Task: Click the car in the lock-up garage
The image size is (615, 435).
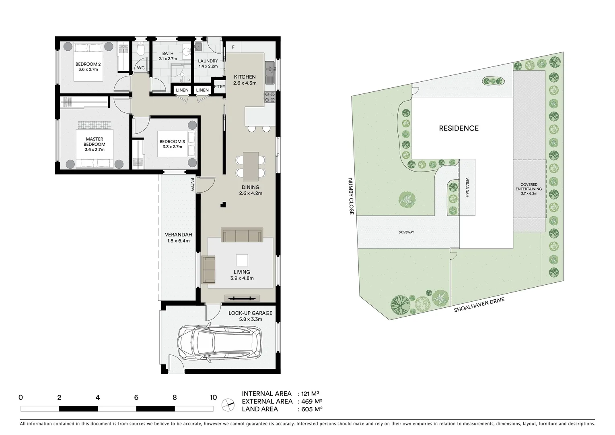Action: pyautogui.click(x=219, y=342)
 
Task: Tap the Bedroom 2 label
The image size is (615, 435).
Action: pyautogui.click(x=88, y=66)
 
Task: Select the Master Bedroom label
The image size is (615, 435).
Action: pyautogui.click(x=95, y=144)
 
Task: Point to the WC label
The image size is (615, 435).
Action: pyautogui.click(x=141, y=68)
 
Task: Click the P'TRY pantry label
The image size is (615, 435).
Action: pyautogui.click(x=220, y=87)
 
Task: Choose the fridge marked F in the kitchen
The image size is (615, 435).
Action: pyautogui.click(x=233, y=47)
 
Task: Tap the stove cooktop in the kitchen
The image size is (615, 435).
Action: pyautogui.click(x=269, y=97)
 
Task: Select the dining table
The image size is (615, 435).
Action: pyautogui.click(x=251, y=166)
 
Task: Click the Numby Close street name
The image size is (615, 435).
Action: pyautogui.click(x=350, y=196)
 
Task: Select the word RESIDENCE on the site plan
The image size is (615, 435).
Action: pyautogui.click(x=459, y=128)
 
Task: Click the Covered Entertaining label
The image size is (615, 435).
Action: pyautogui.click(x=529, y=189)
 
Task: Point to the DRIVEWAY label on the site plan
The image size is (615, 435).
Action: pyautogui.click(x=406, y=232)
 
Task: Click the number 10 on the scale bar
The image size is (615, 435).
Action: pyautogui.click(x=213, y=398)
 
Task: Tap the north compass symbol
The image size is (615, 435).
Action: pyautogui.click(x=228, y=403)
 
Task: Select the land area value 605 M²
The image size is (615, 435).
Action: pyautogui.click(x=310, y=409)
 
